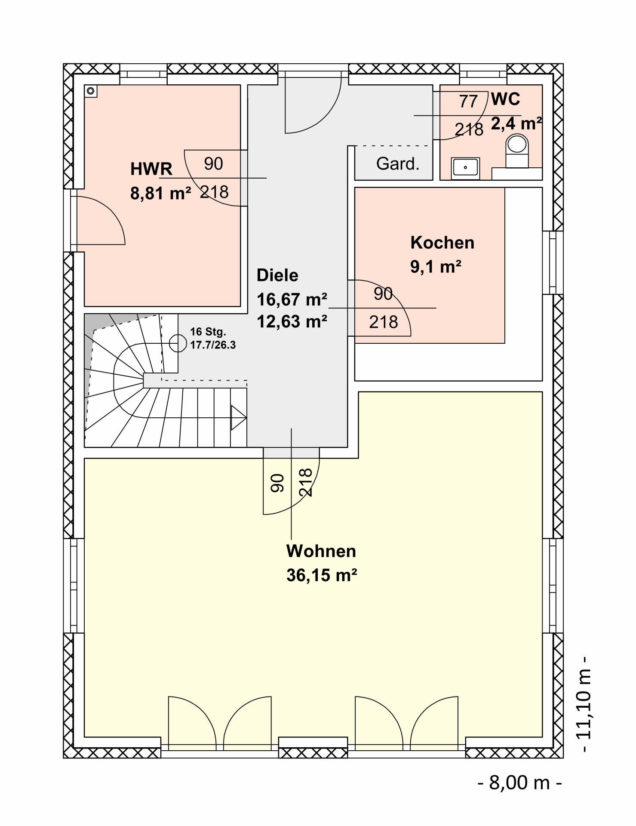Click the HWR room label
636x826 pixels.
[151, 169]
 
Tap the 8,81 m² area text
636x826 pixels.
[160, 193]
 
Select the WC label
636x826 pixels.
[505, 99]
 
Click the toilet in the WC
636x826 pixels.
[517, 151]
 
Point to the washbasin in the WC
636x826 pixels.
[465, 168]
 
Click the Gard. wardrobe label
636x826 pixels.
[398, 163]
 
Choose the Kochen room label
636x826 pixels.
[442, 243]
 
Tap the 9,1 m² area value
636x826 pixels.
[436, 267]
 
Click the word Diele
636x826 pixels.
[277, 275]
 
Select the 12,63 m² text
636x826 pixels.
[292, 321]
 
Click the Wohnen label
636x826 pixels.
[321, 551]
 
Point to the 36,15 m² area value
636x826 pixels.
[322, 575]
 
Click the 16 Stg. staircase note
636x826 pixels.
[208, 332]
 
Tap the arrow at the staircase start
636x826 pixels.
[239, 417]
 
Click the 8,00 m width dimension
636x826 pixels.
[520, 782]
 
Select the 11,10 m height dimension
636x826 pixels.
[584, 704]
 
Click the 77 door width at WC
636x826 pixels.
[468, 102]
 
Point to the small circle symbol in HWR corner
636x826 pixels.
[91, 91]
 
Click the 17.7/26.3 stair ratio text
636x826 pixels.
[213, 345]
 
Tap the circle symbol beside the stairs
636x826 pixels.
[175, 343]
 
